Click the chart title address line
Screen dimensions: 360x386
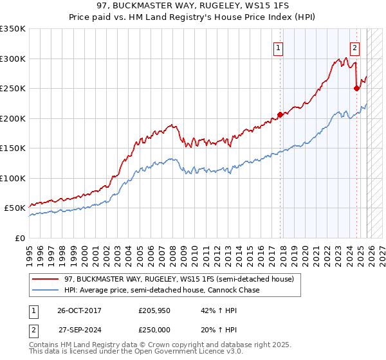pyautogui.click(x=192, y=6)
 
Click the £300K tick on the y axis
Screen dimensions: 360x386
pyautogui.click(x=13, y=59)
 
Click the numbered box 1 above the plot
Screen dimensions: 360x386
pyautogui.click(x=278, y=47)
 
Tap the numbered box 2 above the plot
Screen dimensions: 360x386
pyautogui.click(x=354, y=47)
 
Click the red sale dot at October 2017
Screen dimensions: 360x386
pyautogui.click(x=280, y=115)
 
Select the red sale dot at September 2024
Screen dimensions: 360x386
pyautogui.click(x=356, y=89)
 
